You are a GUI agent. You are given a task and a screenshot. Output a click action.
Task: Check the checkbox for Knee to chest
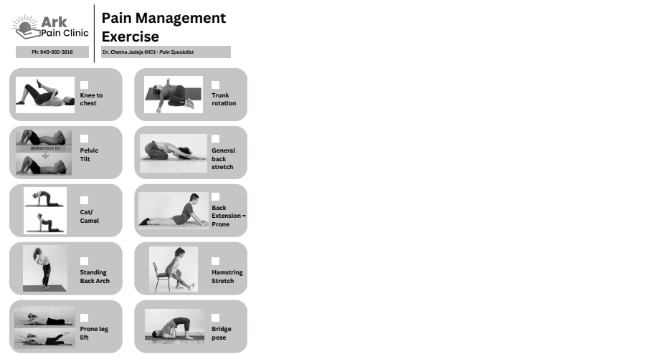pos(85,85)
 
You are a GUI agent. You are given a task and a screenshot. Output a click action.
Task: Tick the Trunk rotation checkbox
pos(216,85)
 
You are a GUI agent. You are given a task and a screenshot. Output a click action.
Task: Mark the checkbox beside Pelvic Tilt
pos(85,138)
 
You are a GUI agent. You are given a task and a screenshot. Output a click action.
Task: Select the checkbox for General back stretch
pos(216,138)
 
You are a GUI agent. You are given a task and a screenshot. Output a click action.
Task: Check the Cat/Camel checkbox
pos(85,200)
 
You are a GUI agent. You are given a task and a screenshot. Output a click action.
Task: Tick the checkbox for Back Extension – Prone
pos(216,196)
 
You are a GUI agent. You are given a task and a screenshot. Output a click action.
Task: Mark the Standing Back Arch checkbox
pos(85,261)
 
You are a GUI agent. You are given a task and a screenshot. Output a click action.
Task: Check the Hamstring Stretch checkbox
pos(216,261)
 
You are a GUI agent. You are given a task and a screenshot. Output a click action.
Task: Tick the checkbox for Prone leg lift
pos(85,318)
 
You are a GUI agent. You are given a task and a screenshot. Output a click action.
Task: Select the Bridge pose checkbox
pos(216,318)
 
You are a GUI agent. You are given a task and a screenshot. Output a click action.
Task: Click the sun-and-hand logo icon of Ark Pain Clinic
pos(26,27)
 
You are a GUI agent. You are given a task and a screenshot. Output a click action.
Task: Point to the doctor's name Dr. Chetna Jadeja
pos(123,52)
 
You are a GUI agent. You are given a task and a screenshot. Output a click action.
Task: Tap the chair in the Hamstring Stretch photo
pos(160,277)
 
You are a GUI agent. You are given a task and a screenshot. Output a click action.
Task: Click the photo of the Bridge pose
pos(174,326)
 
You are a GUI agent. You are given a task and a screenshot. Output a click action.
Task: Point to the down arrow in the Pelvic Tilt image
pos(45,155)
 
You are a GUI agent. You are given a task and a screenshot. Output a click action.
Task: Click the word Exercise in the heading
pos(131,37)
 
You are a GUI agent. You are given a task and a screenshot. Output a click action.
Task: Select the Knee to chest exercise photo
pos(45,95)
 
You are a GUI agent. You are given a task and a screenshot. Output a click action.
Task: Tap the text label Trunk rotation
pos(224,99)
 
